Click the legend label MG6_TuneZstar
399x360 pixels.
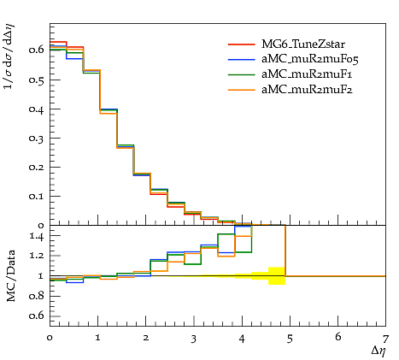pyautogui.click(x=303, y=44)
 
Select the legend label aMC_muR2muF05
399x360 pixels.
pyautogui.click(x=310, y=59)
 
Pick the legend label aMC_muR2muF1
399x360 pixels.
pyautogui.click(x=307, y=74)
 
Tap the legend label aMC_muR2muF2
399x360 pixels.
pyautogui.click(x=307, y=90)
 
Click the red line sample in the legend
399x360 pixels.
pyautogui.click(x=241, y=44)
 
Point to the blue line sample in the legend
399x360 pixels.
pyautogui.click(x=241, y=59)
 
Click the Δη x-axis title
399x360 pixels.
pyautogui.click(x=378, y=351)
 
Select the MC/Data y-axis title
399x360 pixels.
pyautogui.click(x=11, y=275)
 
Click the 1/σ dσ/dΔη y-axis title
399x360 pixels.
pyautogui.click(x=9, y=56)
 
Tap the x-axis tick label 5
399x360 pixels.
pyautogui.click(x=290, y=339)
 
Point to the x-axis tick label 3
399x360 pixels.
pyautogui.click(x=194, y=339)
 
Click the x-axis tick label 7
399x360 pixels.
pyautogui.click(x=385, y=339)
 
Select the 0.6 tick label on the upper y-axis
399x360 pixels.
pyautogui.click(x=37, y=50)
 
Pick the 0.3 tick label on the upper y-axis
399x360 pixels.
pyautogui.click(x=37, y=138)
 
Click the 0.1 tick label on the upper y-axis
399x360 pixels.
pyautogui.click(x=37, y=196)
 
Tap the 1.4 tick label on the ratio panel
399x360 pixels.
pyautogui.click(x=37, y=236)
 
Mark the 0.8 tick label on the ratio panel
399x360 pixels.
pyautogui.click(x=37, y=296)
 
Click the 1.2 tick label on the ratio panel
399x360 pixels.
pyautogui.click(x=37, y=256)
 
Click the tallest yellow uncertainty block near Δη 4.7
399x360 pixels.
pyautogui.click(x=277, y=276)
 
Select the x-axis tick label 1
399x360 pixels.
pyautogui.click(x=97, y=339)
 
